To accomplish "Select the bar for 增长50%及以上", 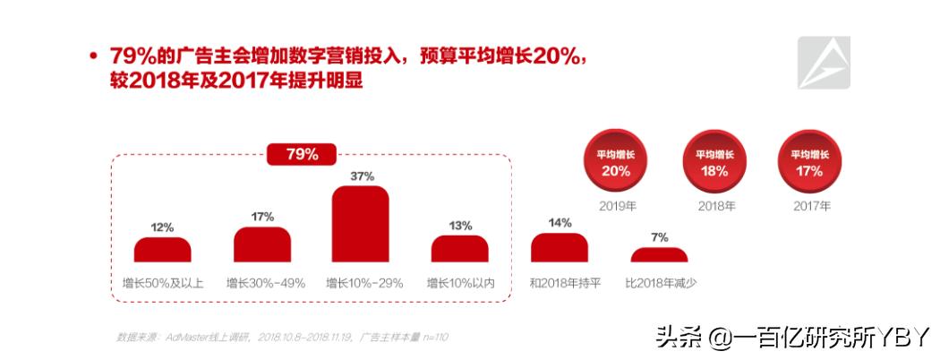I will (x=162, y=250).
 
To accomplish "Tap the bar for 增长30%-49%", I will (x=262, y=244).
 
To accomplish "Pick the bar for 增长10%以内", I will (x=460, y=249).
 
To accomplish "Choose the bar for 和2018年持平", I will (x=560, y=248).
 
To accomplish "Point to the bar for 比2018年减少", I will (x=659, y=254).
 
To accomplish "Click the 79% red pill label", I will (x=302, y=154).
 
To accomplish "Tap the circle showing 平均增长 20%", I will (x=616, y=162).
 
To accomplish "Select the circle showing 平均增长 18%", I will (x=714, y=162).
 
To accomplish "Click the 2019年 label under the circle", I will (x=616, y=206).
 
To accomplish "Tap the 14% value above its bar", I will (x=560, y=223).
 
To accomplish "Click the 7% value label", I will (x=660, y=237).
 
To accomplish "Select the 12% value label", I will (x=162, y=227).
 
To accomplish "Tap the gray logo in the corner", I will (x=824, y=63).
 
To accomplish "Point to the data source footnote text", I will (x=282, y=337).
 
